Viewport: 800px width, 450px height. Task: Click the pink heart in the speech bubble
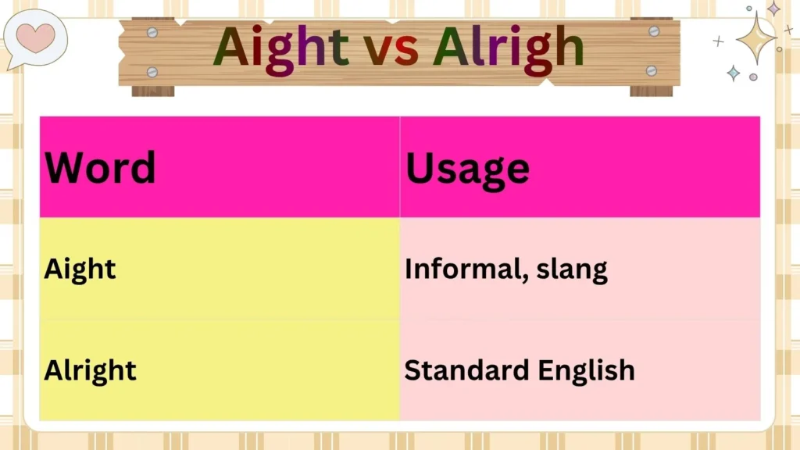[36, 36]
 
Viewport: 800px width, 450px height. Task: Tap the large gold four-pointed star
[755, 37]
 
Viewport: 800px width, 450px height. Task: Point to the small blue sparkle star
[734, 73]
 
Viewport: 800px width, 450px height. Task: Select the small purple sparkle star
[773, 9]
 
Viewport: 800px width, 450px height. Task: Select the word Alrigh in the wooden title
[509, 48]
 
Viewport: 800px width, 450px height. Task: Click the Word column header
[100, 167]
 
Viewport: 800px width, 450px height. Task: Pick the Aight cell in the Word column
[80, 269]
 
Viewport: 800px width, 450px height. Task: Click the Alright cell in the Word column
[90, 370]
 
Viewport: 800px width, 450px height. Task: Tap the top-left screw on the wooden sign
[152, 32]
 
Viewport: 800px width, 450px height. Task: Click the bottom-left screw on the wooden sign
[152, 72]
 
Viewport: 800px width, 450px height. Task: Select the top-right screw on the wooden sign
[654, 31]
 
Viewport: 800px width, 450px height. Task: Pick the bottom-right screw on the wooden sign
[652, 70]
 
